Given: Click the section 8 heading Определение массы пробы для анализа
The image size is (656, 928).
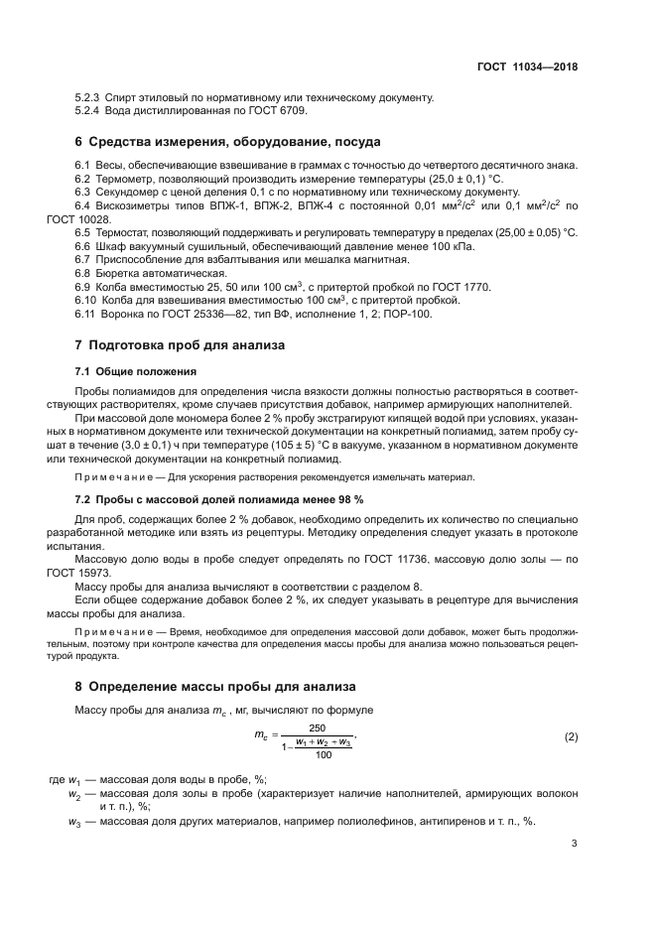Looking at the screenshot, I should coord(211,686).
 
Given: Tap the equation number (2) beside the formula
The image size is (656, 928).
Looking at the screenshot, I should coord(571,736).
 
